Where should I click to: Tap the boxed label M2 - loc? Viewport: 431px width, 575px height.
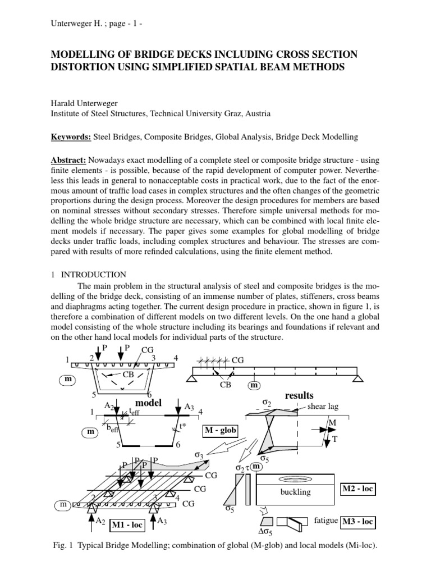pos(357,490)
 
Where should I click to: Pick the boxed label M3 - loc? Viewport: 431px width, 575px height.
pos(357,522)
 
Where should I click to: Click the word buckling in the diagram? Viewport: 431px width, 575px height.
pos(295,492)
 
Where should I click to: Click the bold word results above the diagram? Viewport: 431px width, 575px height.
pos(299,395)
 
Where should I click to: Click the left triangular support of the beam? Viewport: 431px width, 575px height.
pos(191,379)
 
